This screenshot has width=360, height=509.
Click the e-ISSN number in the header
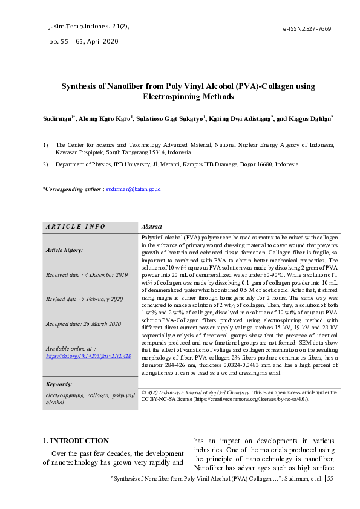(307, 29)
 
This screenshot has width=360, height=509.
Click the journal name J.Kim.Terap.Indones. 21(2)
(88, 27)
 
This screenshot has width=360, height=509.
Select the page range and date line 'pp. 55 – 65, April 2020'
(83, 42)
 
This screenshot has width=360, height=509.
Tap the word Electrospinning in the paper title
(171, 96)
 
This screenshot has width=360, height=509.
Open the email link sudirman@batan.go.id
(133, 189)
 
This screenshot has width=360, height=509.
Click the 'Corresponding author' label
(71, 189)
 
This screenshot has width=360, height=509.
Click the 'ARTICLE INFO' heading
(76, 227)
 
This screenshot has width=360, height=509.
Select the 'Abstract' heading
(151, 227)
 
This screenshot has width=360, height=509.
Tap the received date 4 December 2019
(87, 275)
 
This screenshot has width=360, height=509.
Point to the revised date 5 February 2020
(84, 299)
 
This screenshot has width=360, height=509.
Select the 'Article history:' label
(64, 250)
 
